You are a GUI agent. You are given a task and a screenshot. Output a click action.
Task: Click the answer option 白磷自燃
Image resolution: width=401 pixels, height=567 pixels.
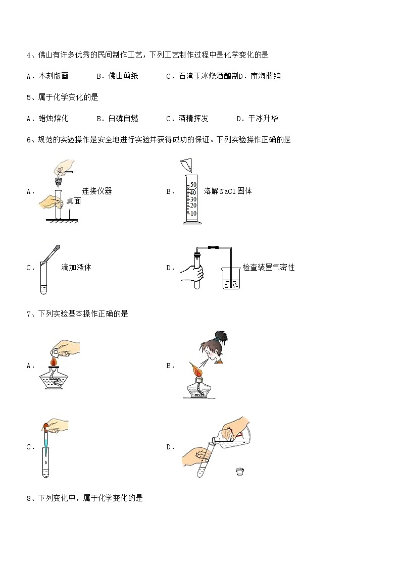coord(123,119)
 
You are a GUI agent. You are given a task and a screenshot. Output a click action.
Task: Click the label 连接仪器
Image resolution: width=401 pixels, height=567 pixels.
coord(97,191)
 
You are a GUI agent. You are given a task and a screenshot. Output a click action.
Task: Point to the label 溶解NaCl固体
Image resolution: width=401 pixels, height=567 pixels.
coord(228,191)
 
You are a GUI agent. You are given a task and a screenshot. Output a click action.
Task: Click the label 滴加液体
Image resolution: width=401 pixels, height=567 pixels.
coord(76,268)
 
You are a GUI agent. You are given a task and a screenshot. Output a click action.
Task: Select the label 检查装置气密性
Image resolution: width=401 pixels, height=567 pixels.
coord(268,268)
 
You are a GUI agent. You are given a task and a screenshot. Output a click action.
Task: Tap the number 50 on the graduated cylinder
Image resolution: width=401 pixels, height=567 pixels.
coord(193,185)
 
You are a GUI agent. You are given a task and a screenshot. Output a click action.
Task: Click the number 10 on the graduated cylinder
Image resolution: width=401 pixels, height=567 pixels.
coord(193,213)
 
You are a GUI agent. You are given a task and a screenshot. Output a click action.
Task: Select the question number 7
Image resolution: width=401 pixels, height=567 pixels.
coord(29,314)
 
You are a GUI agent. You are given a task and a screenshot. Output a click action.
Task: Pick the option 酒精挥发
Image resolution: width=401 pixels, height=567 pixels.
coord(194,119)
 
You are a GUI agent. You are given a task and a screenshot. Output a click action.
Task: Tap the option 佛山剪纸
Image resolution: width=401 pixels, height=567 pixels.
coord(123,76)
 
